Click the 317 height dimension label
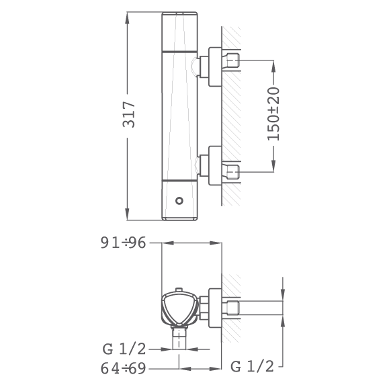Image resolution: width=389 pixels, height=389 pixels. pos(129,114)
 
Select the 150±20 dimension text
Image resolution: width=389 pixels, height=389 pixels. pos(273,114)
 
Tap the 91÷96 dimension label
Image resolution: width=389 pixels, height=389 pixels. pos(124,243)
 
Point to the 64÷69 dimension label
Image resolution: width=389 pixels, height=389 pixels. pos(124,368)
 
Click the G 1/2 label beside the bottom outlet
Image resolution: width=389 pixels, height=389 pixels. pos(124,349)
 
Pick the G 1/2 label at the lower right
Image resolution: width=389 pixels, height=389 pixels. pos(252,366)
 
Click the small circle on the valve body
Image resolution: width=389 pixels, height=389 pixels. pos(179,200)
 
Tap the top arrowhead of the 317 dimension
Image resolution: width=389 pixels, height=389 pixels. pos(127,18)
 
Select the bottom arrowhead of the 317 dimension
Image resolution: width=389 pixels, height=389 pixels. pos(127,214)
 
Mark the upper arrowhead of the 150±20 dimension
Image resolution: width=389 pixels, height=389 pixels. pos(273,67)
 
